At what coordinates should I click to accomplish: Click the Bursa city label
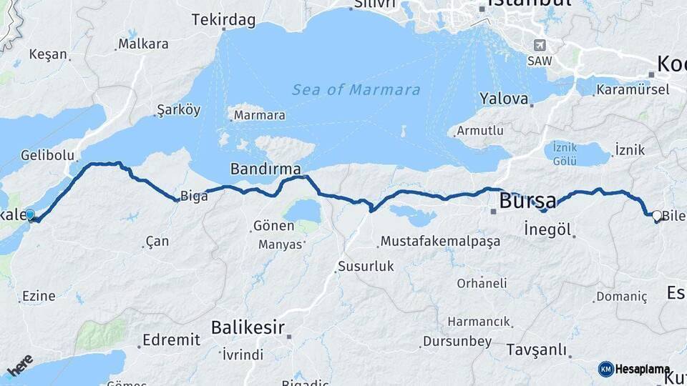point(527,201)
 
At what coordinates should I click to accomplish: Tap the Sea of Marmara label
point(356,90)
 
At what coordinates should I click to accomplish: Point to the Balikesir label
point(248,328)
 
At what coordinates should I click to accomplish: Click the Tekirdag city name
point(223,20)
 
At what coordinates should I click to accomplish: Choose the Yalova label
point(504,99)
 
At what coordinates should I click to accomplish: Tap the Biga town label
point(193,196)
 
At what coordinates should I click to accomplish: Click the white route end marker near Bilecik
point(656,215)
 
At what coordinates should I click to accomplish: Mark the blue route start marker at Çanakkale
point(30,215)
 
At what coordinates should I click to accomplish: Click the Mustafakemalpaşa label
point(439,242)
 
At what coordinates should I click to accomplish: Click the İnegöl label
point(547,230)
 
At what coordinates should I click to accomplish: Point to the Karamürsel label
point(633,89)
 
